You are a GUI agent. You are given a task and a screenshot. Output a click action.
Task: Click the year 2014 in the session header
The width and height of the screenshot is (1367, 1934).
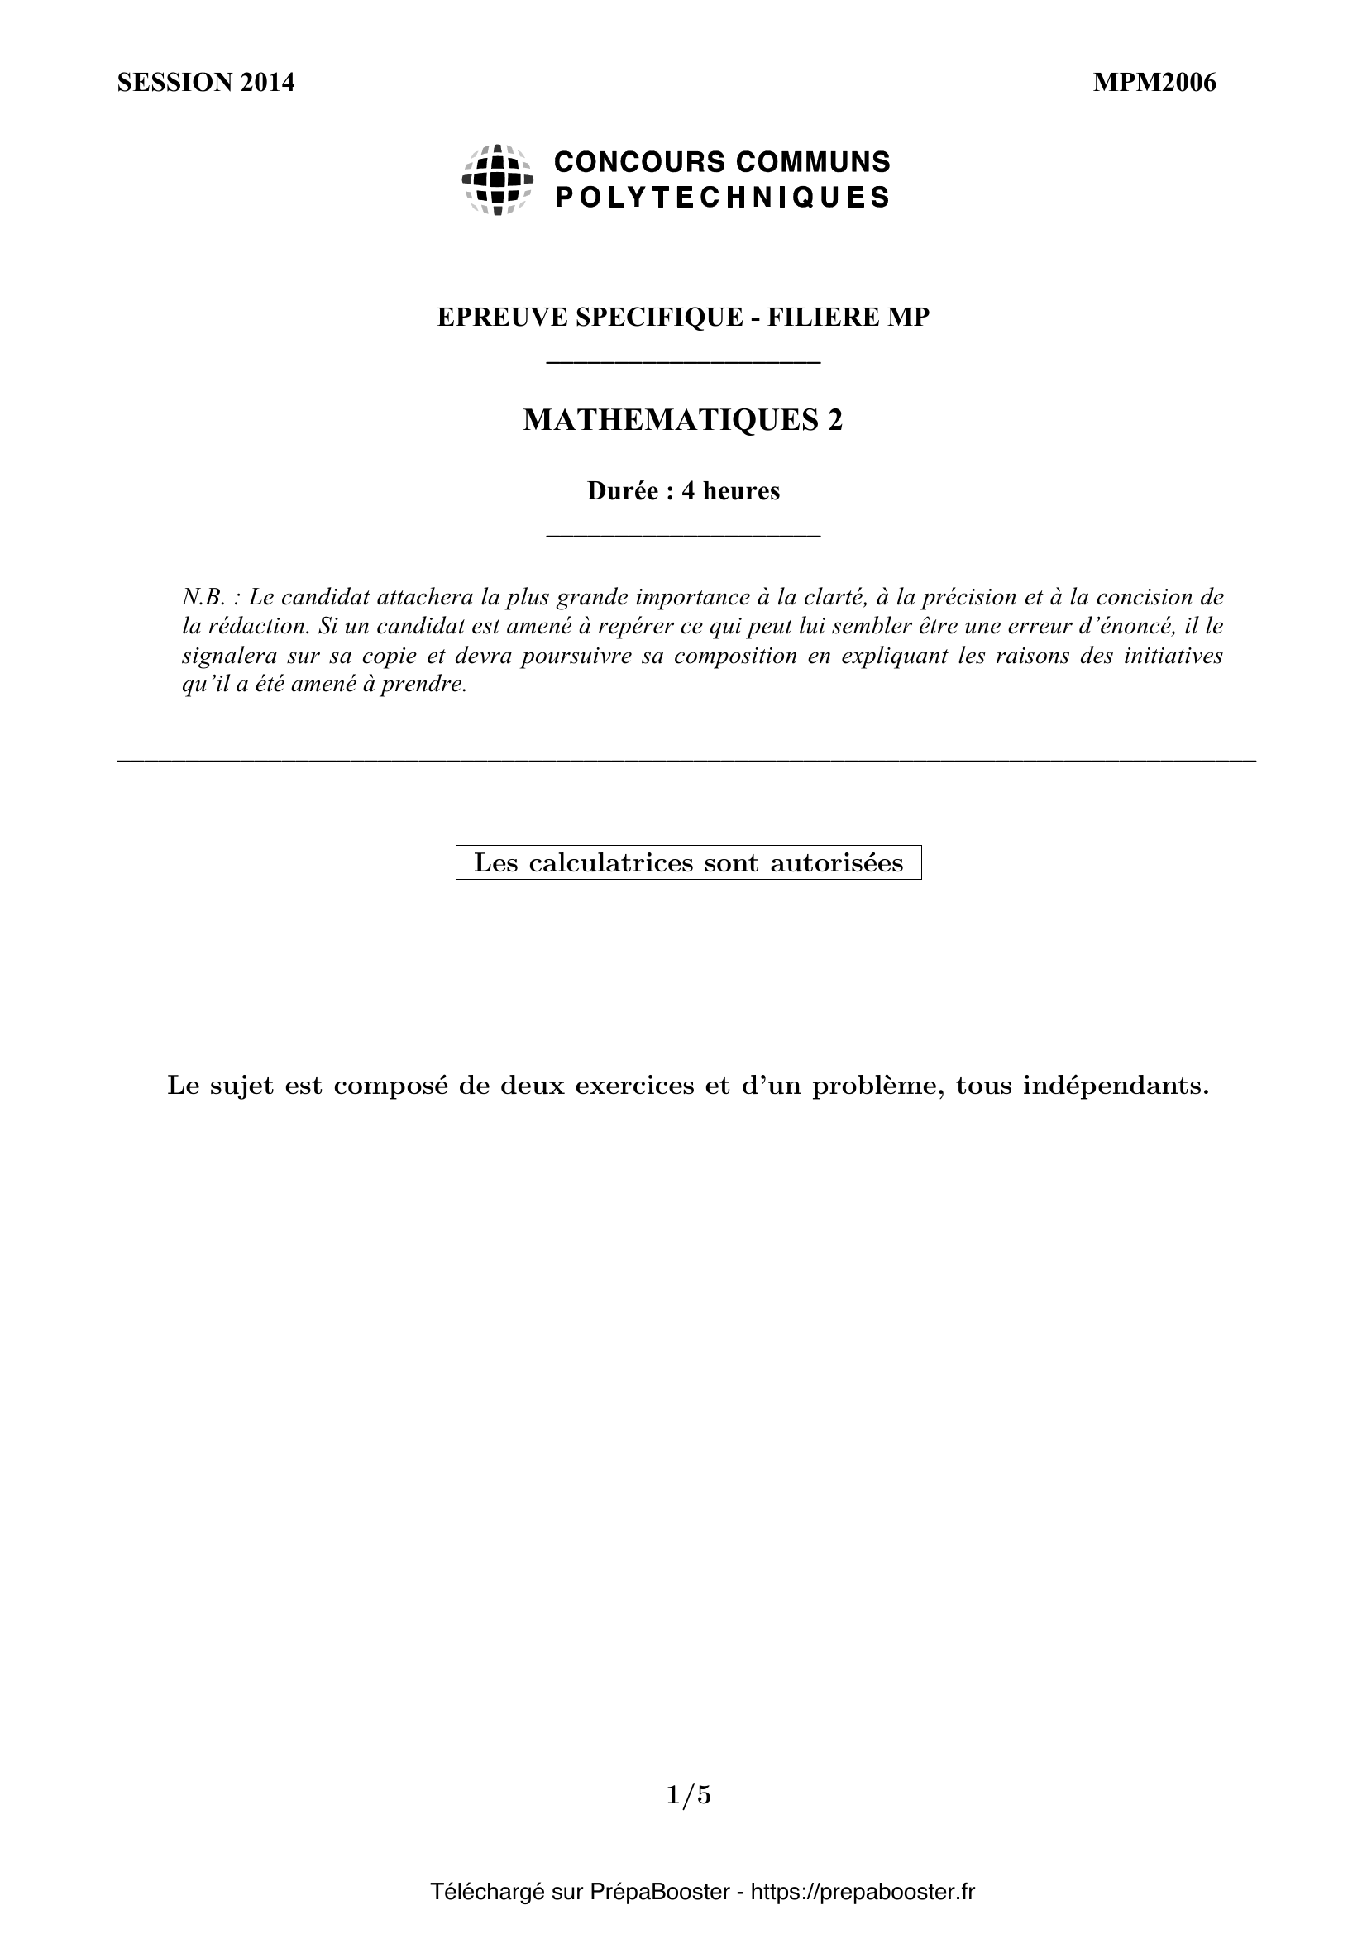[x=267, y=83]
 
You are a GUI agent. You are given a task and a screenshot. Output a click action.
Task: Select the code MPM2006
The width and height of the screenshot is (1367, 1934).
[x=1154, y=83]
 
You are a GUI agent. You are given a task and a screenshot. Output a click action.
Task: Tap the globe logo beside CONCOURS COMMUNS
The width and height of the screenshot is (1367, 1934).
[x=497, y=179]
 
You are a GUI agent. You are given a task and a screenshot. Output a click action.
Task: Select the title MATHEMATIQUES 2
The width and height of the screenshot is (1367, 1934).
[x=682, y=419]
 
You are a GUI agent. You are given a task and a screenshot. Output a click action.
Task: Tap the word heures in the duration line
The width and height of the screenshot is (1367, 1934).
[x=740, y=491]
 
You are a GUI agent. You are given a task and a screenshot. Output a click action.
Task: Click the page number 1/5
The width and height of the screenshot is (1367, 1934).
[x=688, y=1796]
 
